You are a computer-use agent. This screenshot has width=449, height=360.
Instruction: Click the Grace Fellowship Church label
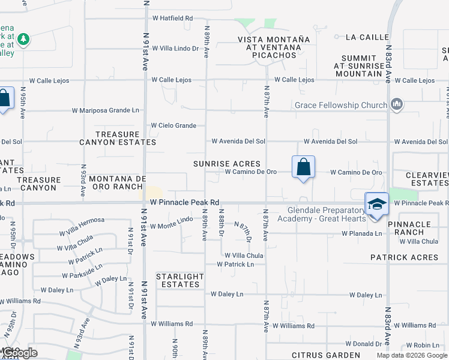(340, 106)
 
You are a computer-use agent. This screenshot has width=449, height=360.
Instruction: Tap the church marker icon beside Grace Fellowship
(396, 105)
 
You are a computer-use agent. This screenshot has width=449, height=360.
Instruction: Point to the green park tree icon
(23, 40)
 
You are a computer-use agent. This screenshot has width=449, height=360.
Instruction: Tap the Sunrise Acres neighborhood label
(227, 163)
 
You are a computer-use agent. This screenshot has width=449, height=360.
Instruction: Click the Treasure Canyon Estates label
(118, 138)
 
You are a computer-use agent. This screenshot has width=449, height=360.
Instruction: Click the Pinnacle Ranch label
(409, 228)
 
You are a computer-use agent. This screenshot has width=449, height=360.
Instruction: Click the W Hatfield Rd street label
(172, 19)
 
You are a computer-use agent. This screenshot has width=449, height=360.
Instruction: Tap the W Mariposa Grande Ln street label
(105, 110)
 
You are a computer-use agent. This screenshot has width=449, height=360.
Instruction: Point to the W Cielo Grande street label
(173, 125)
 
